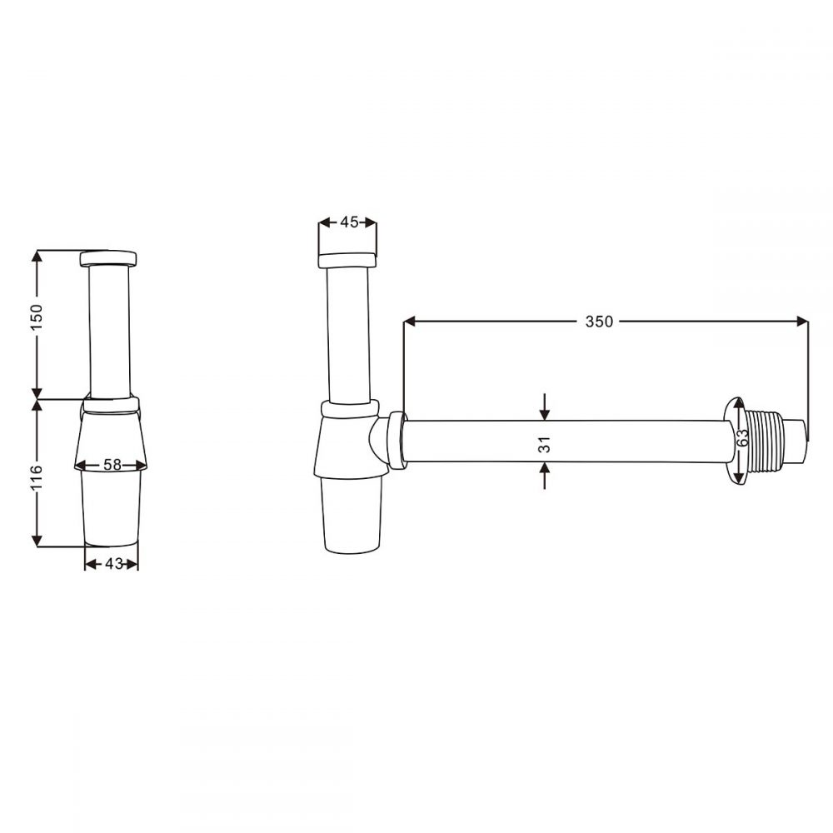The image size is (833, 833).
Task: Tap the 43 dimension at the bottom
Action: point(112,564)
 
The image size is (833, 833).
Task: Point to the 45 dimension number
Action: point(349,222)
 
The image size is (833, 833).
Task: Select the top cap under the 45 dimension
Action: point(348,257)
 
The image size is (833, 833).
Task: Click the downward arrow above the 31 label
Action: point(544,413)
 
